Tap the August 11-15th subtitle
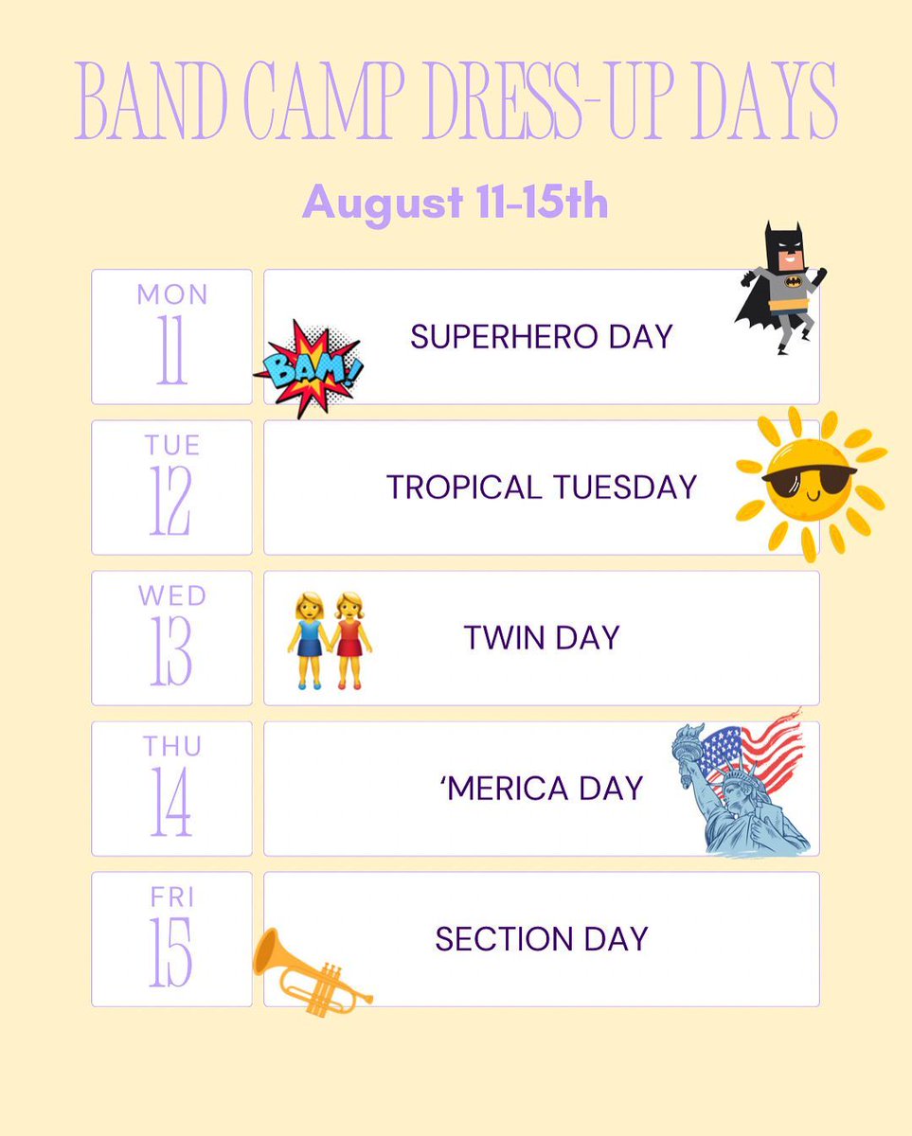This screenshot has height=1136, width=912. (455, 202)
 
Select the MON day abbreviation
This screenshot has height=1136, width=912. (172, 294)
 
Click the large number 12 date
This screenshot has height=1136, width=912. (171, 502)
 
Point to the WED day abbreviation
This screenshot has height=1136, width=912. (172, 595)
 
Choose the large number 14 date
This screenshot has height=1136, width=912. (171, 803)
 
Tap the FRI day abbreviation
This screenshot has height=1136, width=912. (172, 896)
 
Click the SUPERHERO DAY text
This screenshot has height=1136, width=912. (541, 336)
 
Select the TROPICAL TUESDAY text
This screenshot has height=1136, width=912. (541, 487)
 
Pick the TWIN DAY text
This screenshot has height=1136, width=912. (541, 637)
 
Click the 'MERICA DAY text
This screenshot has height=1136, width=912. (541, 788)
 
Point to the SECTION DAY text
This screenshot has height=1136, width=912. (541, 938)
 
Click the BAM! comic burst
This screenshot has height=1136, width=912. (309, 368)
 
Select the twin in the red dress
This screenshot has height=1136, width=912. (350, 639)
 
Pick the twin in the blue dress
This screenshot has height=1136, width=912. (309, 639)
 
